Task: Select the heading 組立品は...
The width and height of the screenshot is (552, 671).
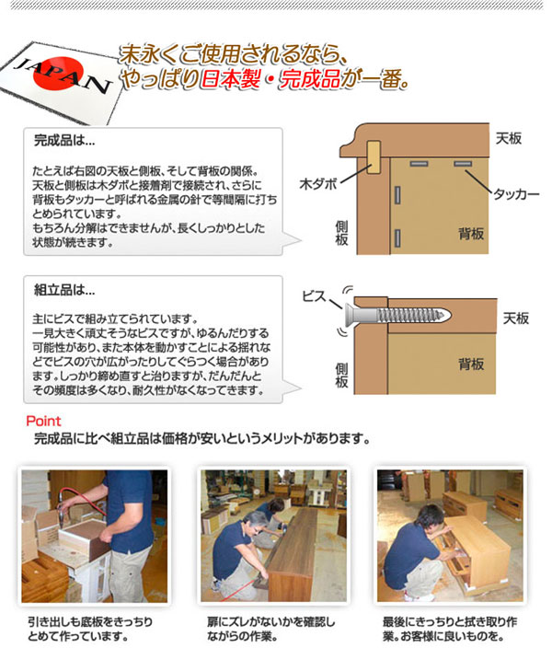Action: [63, 290]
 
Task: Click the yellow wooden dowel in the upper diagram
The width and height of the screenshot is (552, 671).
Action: [374, 158]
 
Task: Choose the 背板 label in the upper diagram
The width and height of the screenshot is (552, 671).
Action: [471, 235]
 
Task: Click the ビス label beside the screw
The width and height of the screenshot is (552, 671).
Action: [315, 296]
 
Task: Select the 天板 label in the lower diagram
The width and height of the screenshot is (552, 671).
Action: [515, 318]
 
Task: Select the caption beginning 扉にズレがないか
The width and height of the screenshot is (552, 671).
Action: [271, 628]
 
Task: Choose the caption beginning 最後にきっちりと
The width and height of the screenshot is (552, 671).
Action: [454, 628]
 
